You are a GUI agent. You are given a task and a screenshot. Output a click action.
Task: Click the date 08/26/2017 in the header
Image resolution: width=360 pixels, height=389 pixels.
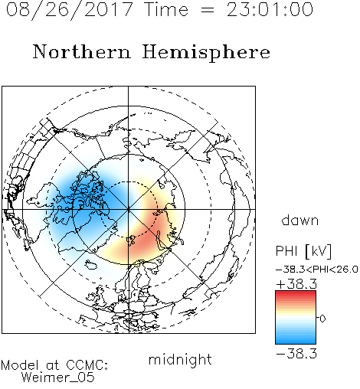click(70, 10)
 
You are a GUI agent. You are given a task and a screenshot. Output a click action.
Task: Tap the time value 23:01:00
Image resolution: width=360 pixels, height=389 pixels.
click(270, 10)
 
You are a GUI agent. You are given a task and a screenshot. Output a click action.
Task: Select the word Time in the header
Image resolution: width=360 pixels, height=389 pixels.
click(166, 10)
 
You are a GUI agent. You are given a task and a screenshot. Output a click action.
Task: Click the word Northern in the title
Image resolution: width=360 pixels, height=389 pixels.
click(82, 52)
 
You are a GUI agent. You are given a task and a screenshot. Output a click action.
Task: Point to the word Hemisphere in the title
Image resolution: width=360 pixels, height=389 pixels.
click(206, 53)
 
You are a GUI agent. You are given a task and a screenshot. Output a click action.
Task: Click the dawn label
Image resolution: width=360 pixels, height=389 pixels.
click(300, 221)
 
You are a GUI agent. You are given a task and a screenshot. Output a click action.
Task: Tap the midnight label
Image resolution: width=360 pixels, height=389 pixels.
click(180, 359)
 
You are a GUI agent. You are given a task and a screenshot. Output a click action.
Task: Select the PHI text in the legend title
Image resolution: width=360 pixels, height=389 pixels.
click(286, 251)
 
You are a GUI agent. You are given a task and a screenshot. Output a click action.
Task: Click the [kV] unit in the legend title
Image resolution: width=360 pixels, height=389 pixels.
click(318, 251)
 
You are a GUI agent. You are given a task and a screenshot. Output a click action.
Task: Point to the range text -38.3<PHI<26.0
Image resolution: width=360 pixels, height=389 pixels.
click(317, 270)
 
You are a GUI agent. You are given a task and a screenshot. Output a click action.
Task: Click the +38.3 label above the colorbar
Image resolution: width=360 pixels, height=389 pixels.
click(296, 284)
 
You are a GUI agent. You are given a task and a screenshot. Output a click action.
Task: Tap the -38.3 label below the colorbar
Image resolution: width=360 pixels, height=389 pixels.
click(296, 354)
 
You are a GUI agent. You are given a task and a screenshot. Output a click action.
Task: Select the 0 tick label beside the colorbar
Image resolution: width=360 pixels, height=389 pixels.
click(322, 319)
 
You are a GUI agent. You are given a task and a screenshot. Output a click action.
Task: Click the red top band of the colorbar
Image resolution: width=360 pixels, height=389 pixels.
click(296, 294)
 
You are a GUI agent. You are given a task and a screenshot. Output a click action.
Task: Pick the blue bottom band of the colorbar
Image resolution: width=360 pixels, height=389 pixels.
click(296, 341)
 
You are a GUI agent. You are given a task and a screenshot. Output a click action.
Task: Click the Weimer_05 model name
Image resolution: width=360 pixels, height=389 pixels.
click(58, 378)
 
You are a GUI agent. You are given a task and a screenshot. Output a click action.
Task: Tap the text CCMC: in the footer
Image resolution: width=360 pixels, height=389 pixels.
click(87, 365)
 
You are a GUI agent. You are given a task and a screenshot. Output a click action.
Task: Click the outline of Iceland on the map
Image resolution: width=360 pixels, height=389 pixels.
click(91, 265)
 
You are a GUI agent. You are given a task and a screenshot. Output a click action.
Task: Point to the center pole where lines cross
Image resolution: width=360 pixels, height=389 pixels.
click(128, 210)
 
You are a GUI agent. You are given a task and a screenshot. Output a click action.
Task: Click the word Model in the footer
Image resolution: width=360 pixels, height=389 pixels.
click(20, 365)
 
